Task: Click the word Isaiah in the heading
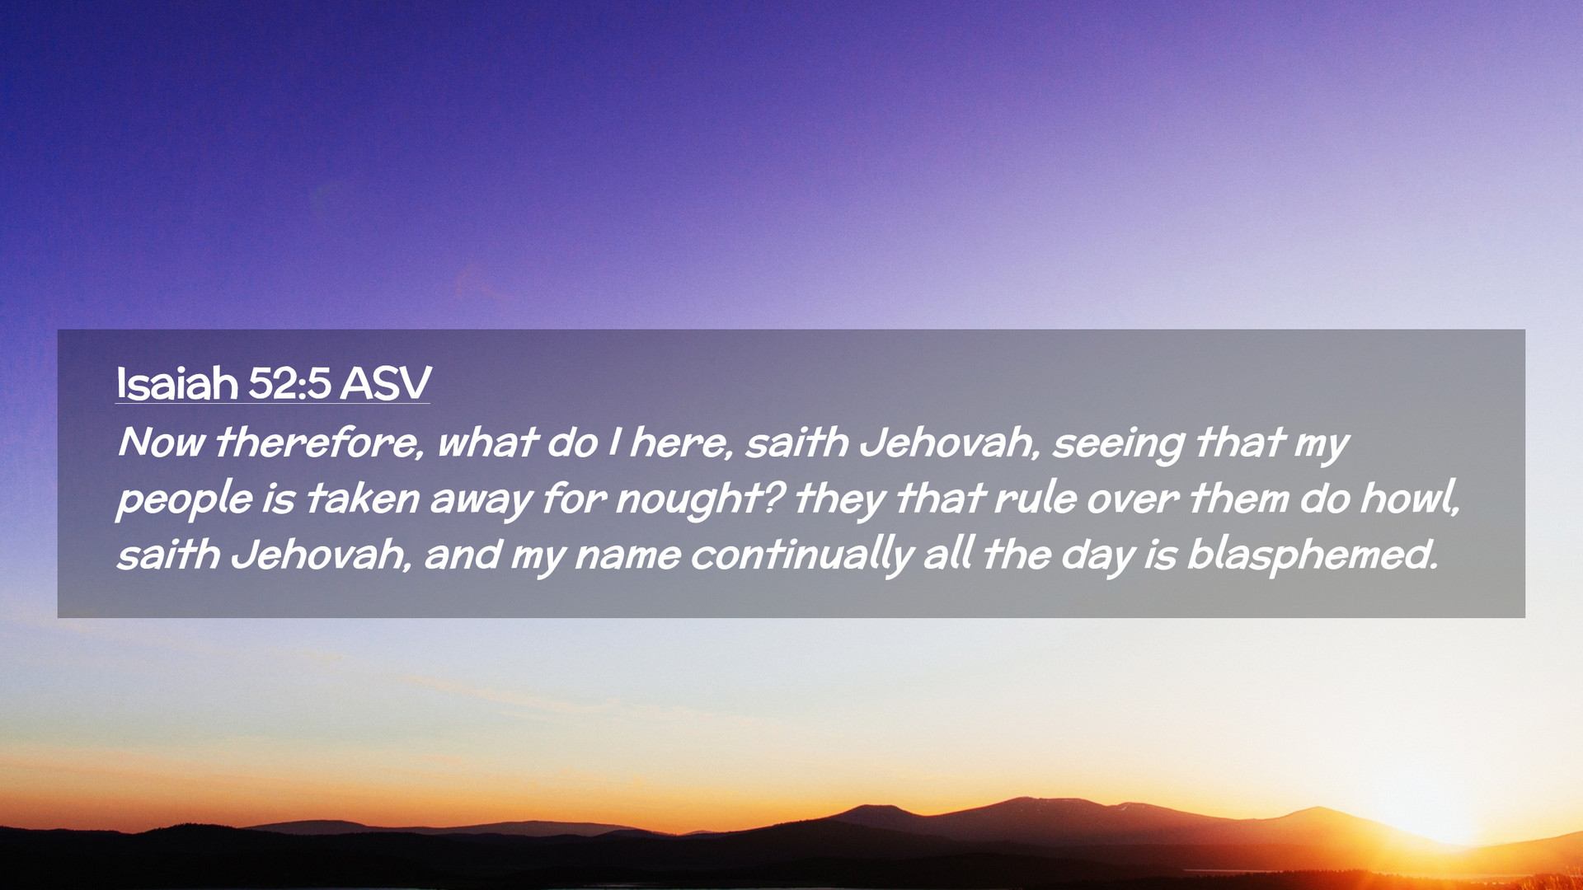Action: (176, 383)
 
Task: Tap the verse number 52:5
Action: (289, 383)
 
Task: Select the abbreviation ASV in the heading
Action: (386, 383)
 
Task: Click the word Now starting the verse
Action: (161, 443)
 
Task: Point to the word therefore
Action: (319, 443)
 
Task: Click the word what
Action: (486, 443)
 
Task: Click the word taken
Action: (362, 499)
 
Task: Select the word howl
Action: (1410, 499)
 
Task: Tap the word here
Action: (682, 443)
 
